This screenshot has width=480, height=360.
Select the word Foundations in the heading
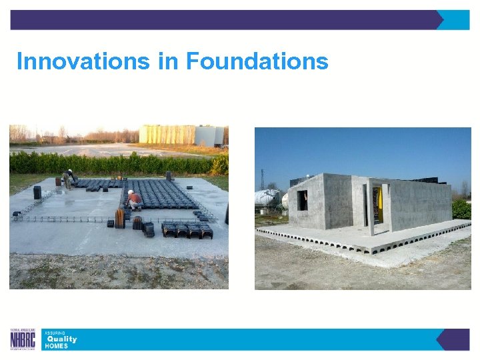(257, 61)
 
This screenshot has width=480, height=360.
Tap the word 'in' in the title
(169, 61)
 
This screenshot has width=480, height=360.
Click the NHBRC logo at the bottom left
(23, 339)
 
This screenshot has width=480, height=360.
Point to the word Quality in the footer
(61, 339)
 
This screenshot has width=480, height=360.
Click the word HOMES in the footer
(56, 346)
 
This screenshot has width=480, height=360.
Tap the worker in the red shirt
(134, 199)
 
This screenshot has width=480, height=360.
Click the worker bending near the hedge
(67, 177)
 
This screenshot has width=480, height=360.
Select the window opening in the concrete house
(302, 200)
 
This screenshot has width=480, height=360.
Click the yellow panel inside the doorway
(377, 203)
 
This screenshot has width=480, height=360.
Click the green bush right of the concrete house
(461, 209)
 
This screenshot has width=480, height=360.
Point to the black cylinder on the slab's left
(37, 192)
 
